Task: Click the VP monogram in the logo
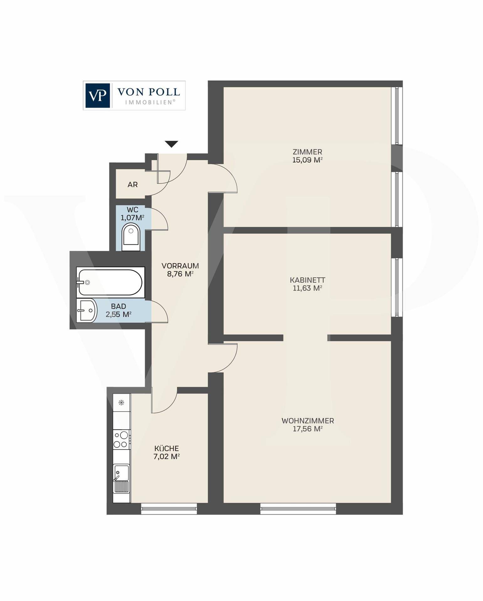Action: pyautogui.click(x=97, y=95)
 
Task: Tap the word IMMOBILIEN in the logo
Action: pyautogui.click(x=150, y=102)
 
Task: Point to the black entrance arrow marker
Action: pyautogui.click(x=171, y=144)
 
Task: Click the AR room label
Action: pyautogui.click(x=133, y=185)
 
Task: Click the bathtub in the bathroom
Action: pyautogui.click(x=110, y=282)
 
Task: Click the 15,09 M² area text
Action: pyautogui.click(x=307, y=160)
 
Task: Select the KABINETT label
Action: pyautogui.click(x=307, y=280)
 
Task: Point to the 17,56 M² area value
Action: pyautogui.click(x=307, y=429)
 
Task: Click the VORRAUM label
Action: pyautogui.click(x=180, y=266)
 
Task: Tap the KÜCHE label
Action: pyautogui.click(x=166, y=449)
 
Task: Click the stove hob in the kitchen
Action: pyautogui.click(x=122, y=439)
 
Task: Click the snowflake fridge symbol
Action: pyautogui.click(x=122, y=403)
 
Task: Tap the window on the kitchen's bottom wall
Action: pyautogui.click(x=169, y=509)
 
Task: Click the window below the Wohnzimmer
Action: pyautogui.click(x=298, y=509)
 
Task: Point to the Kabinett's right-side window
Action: pyautogui.click(x=397, y=287)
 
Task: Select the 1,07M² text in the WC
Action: pyautogui.click(x=132, y=218)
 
